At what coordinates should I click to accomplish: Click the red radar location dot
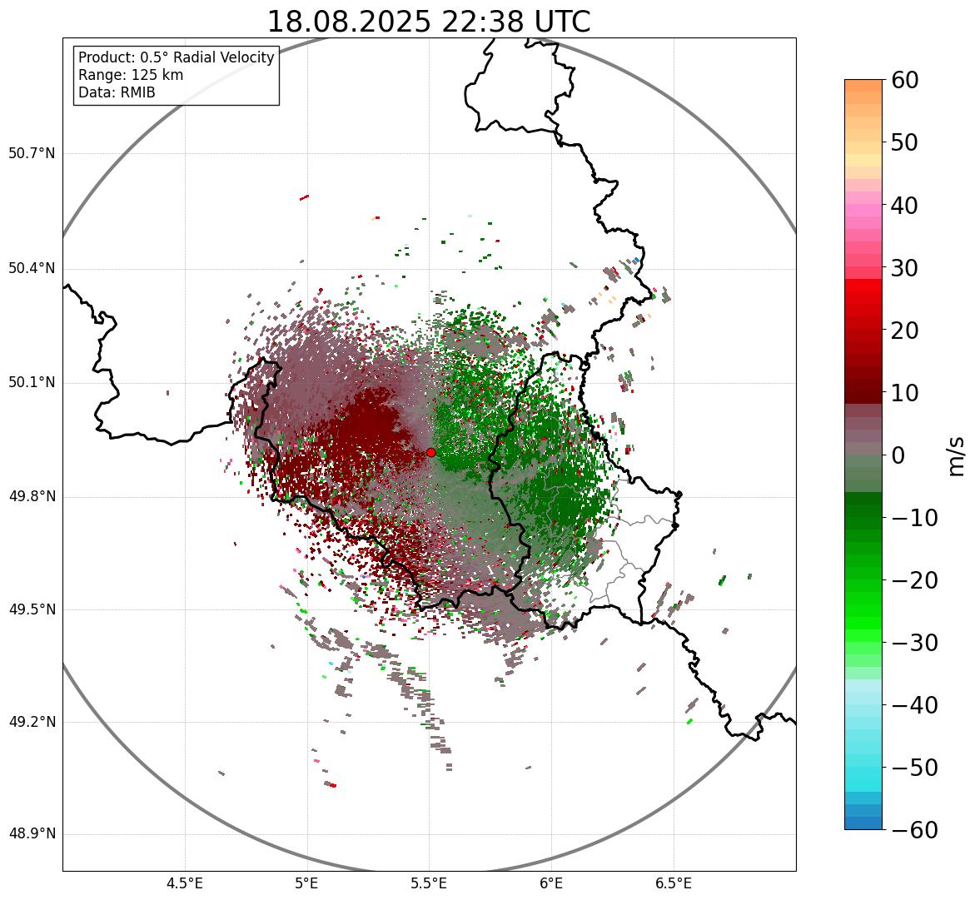coord(430,452)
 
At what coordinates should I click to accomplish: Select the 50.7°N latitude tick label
coord(32,154)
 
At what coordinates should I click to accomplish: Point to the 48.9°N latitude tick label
coord(32,835)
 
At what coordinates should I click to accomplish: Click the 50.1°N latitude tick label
coord(32,383)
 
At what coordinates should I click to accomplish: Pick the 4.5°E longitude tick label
coord(185,883)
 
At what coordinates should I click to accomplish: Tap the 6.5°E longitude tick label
coord(673,883)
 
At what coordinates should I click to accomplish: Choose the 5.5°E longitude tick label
coord(429,883)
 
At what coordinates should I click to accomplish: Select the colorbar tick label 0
coord(898,455)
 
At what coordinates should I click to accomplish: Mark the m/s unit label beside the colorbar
coord(957,455)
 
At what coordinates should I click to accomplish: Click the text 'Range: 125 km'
coord(131,75)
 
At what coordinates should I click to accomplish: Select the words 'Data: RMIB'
coord(117,92)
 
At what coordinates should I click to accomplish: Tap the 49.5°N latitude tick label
coord(32,609)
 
